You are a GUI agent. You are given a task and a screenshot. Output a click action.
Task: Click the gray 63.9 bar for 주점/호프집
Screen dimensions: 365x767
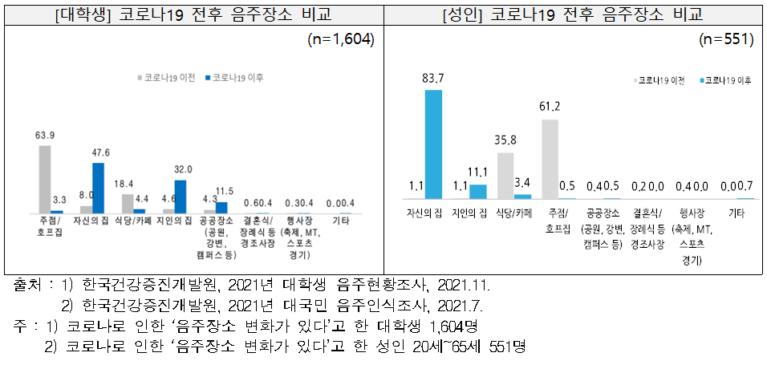pos(45,179)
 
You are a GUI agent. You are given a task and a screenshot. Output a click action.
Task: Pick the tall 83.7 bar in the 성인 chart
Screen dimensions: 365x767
pos(433,144)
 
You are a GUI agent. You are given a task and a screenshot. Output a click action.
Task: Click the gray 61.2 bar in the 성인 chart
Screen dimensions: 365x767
pos(550,159)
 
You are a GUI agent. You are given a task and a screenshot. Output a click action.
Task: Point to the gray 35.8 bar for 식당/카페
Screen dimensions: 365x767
pos(505,176)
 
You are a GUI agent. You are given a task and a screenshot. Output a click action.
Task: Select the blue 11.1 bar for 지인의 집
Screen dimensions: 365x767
pos(477,192)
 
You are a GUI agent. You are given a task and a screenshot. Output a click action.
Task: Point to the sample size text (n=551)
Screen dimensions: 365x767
pos(725,39)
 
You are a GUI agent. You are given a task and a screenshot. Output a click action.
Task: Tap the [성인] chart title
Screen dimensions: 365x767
pos(574,13)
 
